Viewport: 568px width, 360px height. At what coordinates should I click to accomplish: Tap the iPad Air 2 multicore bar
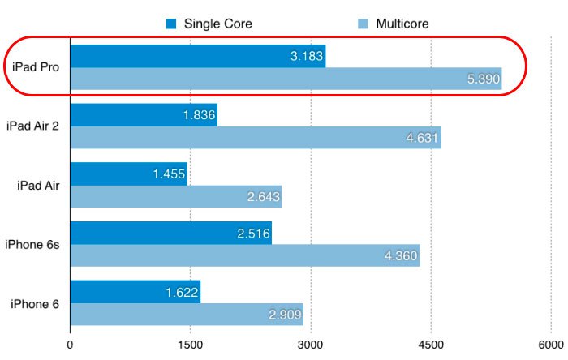[x=256, y=138]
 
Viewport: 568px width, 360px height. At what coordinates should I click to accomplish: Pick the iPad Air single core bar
[x=129, y=174]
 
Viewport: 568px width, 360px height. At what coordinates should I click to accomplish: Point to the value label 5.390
[x=484, y=79]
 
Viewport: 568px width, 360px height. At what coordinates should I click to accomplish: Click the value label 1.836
[x=199, y=115]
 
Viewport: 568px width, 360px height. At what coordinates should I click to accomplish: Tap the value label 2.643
[x=263, y=197]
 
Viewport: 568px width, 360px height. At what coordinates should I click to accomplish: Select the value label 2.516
[x=253, y=233]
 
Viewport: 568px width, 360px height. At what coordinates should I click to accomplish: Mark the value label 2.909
[x=285, y=315]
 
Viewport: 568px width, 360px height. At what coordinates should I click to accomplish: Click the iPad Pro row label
[x=35, y=67]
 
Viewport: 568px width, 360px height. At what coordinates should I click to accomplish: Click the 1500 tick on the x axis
[x=191, y=344]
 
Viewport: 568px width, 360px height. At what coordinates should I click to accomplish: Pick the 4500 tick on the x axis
[x=431, y=344]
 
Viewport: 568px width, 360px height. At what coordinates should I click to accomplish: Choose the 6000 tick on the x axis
[x=550, y=344]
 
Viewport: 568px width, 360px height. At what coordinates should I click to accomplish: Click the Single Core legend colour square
[x=171, y=24]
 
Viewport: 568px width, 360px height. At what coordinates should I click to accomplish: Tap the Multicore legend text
[x=402, y=24]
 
